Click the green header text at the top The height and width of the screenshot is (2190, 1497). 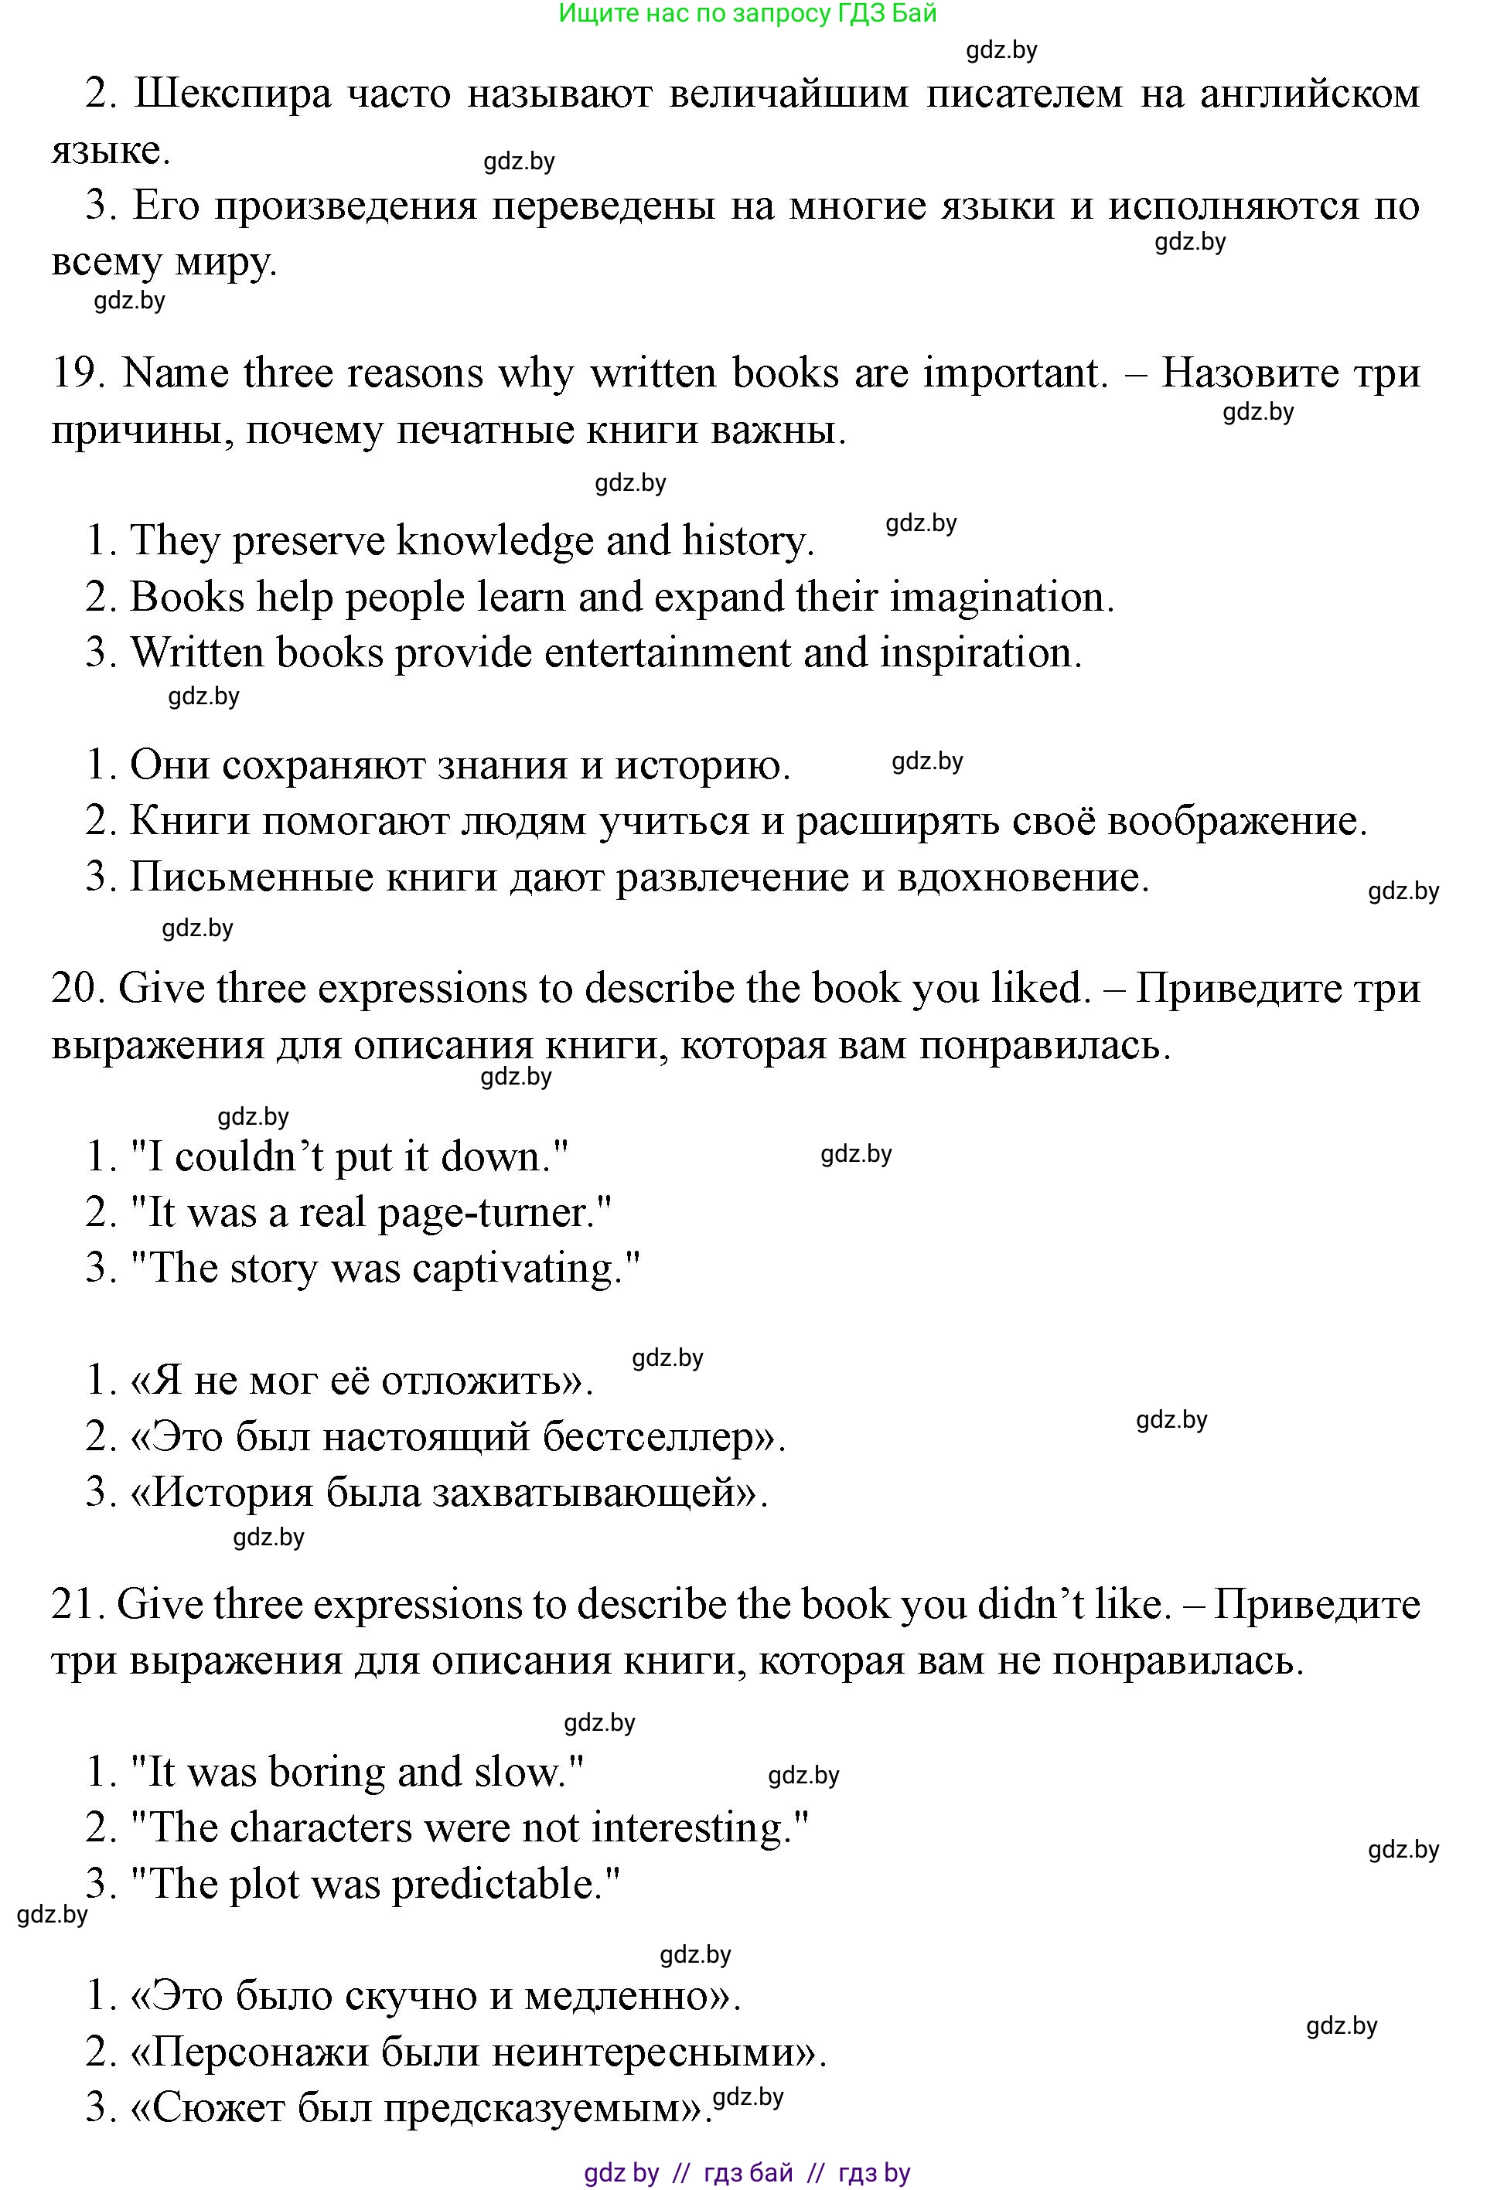748,13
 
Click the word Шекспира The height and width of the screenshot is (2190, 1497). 233,94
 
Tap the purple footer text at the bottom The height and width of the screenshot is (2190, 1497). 748,2173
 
